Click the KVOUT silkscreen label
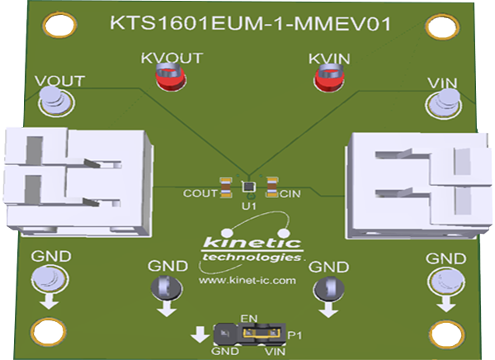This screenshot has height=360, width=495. click(x=171, y=59)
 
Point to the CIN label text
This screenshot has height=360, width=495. click(x=290, y=195)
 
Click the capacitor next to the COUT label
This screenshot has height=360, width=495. click(x=225, y=186)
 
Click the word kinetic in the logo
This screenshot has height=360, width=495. click(x=247, y=242)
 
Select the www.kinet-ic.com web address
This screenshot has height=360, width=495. click(x=247, y=281)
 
